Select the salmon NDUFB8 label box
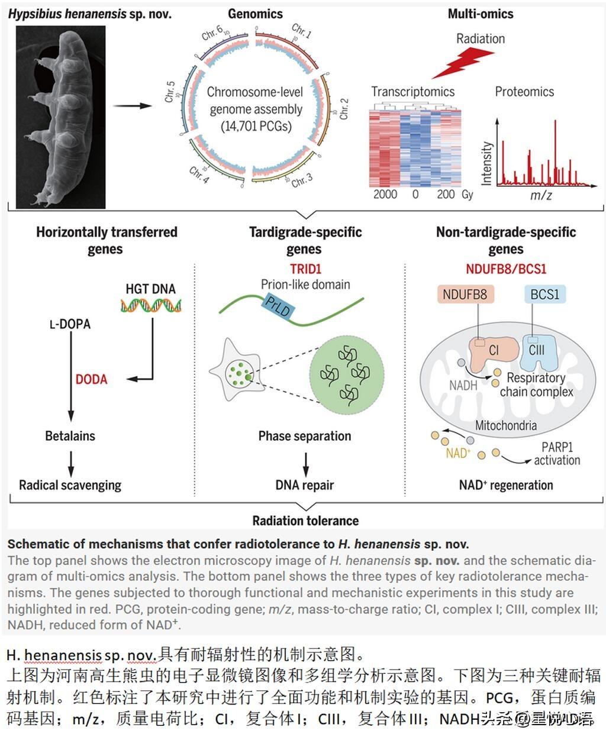(x=465, y=294)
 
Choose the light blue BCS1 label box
(x=544, y=294)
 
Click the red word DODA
(x=91, y=379)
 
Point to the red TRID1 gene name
(x=305, y=269)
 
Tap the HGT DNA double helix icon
(x=151, y=305)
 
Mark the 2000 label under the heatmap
(x=385, y=194)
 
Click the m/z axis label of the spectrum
(x=540, y=195)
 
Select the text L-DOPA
(x=70, y=324)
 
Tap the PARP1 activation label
(x=557, y=454)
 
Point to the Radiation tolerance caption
(x=305, y=521)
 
